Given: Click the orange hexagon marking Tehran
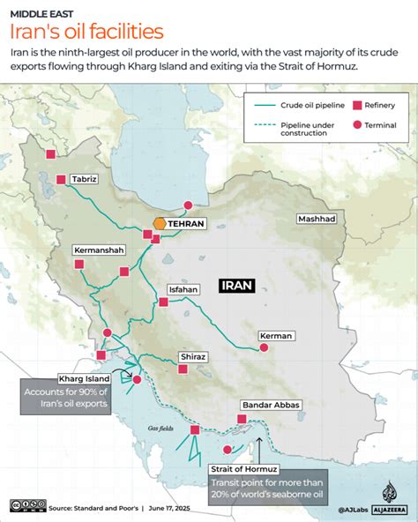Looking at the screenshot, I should click(x=160, y=224).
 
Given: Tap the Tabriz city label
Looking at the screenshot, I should click(x=84, y=179).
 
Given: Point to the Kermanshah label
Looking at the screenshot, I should click(x=98, y=250).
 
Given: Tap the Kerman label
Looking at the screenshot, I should click(x=276, y=336).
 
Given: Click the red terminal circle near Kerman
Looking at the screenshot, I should click(x=262, y=349).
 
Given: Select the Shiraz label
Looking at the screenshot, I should click(x=192, y=356).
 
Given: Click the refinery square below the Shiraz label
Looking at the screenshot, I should click(x=183, y=369).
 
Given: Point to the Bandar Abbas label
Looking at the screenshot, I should click(x=271, y=405).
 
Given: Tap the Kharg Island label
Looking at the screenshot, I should click(x=83, y=378).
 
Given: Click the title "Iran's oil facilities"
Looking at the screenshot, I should click(x=86, y=32).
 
